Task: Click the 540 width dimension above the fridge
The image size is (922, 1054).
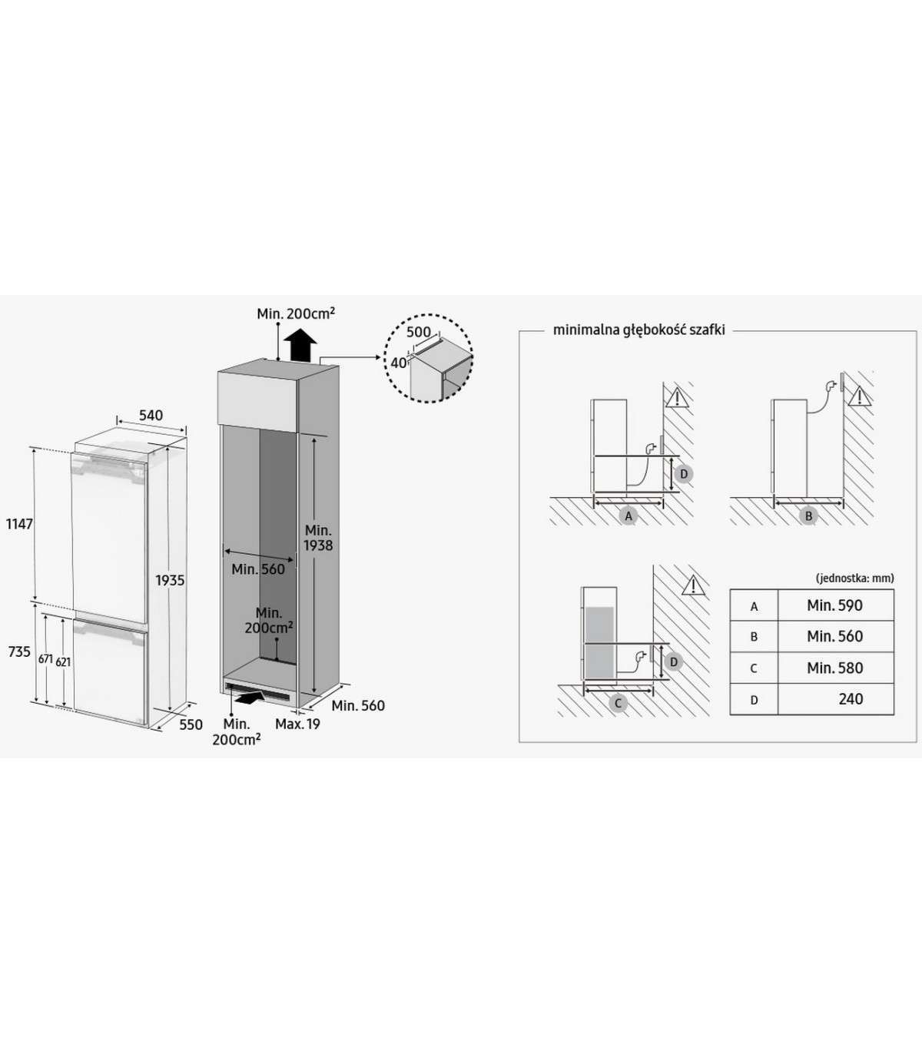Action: coord(151,416)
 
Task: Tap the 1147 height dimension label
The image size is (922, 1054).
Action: coord(19,524)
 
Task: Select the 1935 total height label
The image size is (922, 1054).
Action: coord(170,580)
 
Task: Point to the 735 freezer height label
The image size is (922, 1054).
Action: coord(19,651)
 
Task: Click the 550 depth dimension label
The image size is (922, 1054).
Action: coord(191,724)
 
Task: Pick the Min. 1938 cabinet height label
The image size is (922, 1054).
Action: coord(318,538)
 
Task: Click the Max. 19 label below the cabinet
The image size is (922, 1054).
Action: coord(297,724)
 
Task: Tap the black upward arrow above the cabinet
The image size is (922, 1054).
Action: coord(299,345)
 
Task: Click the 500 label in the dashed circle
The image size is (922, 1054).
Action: coord(419,333)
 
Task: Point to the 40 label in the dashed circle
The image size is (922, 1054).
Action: coord(399,363)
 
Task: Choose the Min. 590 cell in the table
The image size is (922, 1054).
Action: coord(834,605)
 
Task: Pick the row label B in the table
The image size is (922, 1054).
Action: coord(754,637)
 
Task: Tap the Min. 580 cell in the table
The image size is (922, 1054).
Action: coord(834,668)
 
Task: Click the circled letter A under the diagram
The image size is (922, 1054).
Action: coord(628,516)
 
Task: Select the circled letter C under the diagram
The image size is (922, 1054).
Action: coord(618,703)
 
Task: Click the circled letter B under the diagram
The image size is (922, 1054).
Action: coord(808,516)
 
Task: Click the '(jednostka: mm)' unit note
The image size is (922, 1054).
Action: coord(854,578)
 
